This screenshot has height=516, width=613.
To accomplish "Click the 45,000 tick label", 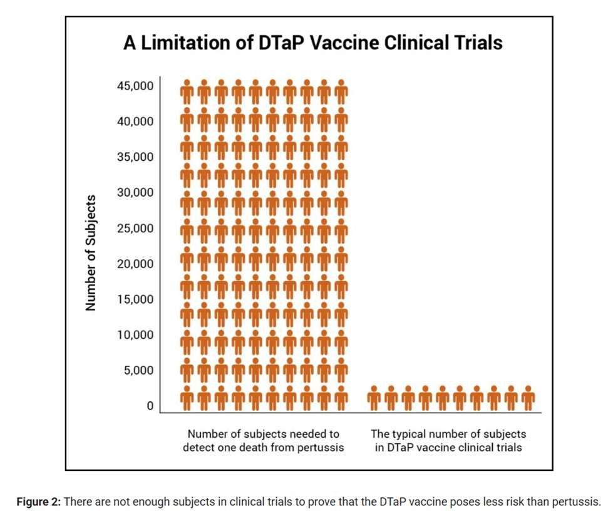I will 135,85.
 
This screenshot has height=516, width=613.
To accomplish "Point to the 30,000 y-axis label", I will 135,192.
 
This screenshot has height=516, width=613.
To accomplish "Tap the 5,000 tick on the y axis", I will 138,370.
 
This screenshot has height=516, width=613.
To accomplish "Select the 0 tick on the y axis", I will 150,406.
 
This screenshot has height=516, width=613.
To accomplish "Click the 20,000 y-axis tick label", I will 135,264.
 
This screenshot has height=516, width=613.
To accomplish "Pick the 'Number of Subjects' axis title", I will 91,253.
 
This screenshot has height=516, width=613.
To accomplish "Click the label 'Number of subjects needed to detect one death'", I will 264,441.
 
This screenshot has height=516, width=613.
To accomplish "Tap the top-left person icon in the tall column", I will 187,91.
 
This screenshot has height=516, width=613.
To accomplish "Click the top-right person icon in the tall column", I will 340,91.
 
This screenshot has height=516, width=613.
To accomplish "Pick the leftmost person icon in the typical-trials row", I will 374,398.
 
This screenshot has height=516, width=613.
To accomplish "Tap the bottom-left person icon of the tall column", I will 187,398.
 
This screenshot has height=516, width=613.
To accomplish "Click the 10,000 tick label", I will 135,334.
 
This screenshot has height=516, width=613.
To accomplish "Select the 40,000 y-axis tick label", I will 135,121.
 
